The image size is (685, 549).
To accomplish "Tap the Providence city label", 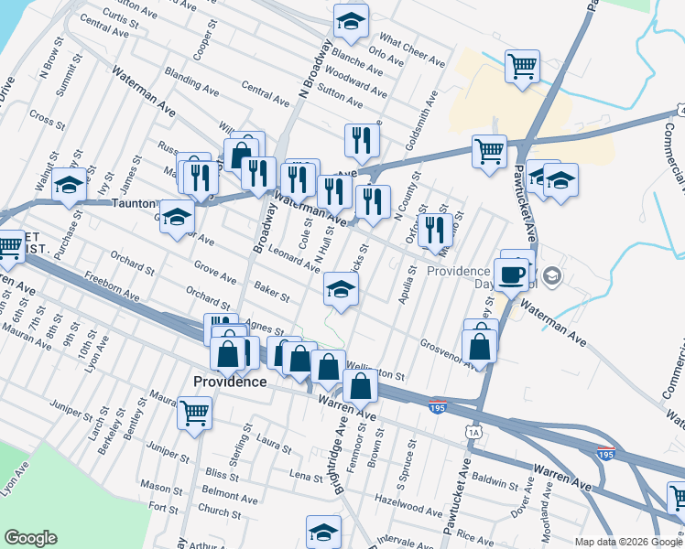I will pyautogui.click(x=230, y=382).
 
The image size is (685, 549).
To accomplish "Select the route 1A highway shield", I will pyautogui.click(x=473, y=431).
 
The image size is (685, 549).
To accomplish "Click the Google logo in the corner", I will pyautogui.click(x=30, y=538).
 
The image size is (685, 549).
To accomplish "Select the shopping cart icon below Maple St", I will pyautogui.click(x=194, y=412).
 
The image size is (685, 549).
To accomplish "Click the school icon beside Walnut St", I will pyautogui.click(x=69, y=186).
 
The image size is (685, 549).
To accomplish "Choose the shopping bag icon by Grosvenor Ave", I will pyautogui.click(x=479, y=346).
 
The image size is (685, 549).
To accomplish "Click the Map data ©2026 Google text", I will pyautogui.click(x=628, y=542).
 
